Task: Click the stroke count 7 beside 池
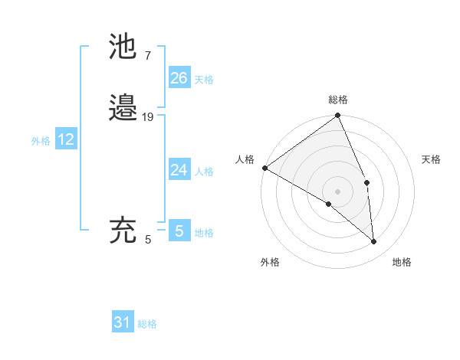coord(147,56)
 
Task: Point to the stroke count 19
coord(149,117)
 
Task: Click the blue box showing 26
coord(179,78)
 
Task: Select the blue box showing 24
coord(179,170)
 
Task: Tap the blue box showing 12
coord(66,139)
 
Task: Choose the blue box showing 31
coord(123,323)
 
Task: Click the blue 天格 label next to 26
coord(204,80)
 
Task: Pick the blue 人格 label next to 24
coord(204,172)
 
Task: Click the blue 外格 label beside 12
coord(41,141)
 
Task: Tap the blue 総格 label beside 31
coord(147,325)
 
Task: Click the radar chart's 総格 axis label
coord(338,100)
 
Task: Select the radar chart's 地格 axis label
coord(402,262)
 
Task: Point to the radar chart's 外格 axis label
coord(270,262)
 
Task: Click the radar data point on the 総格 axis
coord(338,116)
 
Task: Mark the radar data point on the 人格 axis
coord(264,168)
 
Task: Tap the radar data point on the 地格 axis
coord(373,241)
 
